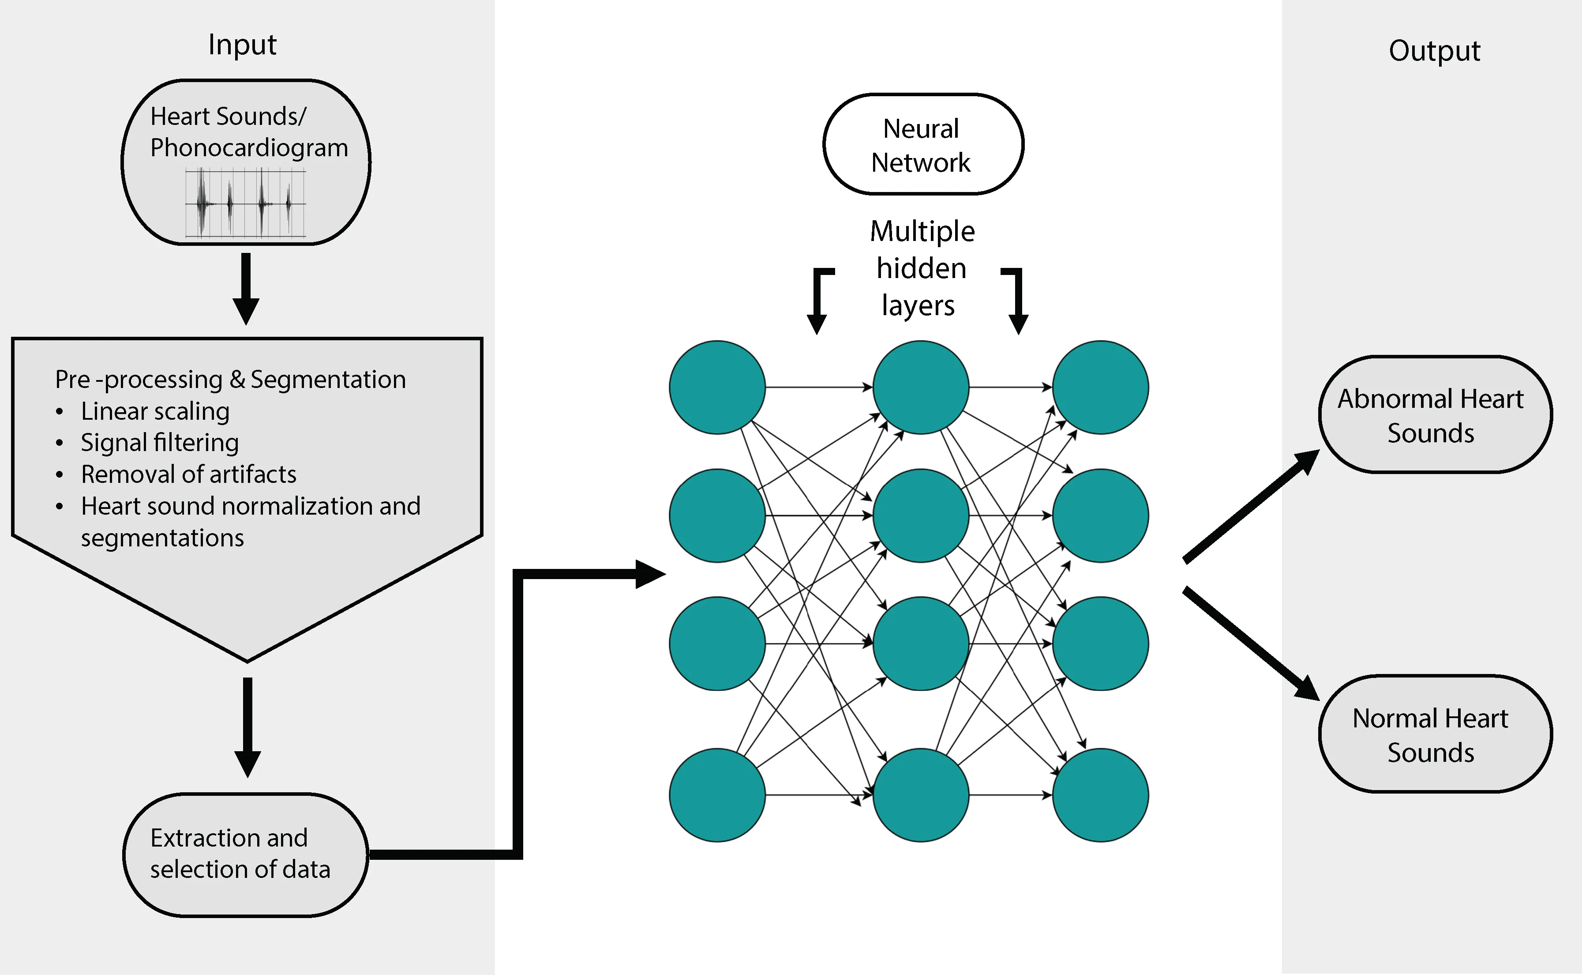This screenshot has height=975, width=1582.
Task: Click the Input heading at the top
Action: coord(242,45)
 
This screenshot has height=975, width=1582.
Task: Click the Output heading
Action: coord(1435,50)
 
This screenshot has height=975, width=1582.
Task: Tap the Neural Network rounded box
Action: coord(923,144)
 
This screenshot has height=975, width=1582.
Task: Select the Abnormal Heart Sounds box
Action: coord(1435,414)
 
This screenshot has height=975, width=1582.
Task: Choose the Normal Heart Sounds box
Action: coord(1435,734)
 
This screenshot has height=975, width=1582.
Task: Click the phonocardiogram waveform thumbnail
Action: coord(246,203)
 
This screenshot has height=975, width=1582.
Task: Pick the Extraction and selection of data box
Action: coord(246,855)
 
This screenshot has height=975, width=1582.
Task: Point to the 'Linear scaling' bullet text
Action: coord(155,411)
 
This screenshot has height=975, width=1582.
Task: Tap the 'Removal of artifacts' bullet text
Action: coord(188,474)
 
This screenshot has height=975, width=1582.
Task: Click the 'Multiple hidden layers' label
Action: coord(922,267)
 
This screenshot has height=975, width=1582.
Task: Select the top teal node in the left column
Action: coord(717,388)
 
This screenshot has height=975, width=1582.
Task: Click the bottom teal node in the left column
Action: coord(717,795)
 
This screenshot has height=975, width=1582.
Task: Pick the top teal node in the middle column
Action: coord(921,388)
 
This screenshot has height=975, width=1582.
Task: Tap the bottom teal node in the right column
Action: coord(1101,795)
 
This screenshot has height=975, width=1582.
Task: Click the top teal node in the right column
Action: coord(1101,388)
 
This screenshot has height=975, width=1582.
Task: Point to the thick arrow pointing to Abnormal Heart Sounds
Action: coord(1252,506)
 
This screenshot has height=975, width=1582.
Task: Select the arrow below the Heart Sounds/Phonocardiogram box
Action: coord(246,289)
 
